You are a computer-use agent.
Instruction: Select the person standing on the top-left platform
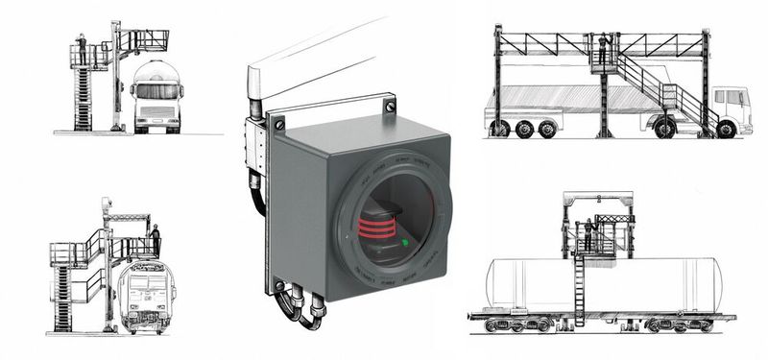pyautogui.click(x=82, y=47)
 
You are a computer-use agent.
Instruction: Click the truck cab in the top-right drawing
pyautogui.click(x=731, y=108)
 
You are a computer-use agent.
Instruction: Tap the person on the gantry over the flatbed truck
pyautogui.click(x=603, y=48)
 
